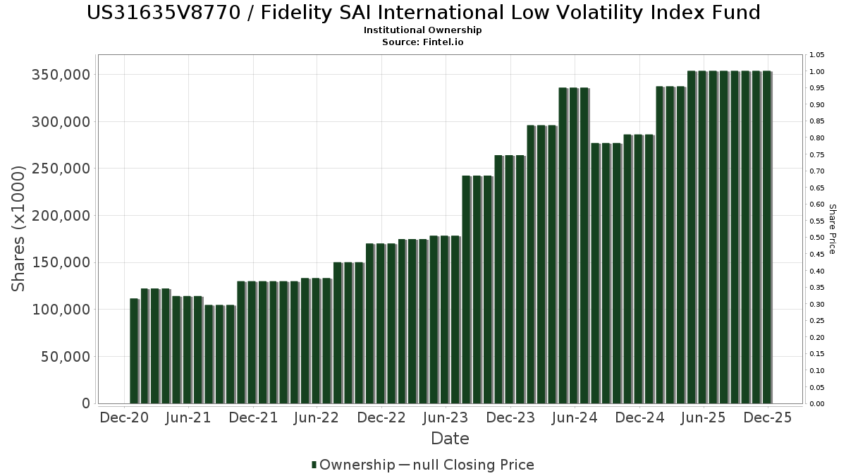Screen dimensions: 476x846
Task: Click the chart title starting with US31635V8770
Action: point(423,13)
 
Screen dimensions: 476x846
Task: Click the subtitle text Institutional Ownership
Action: point(423,30)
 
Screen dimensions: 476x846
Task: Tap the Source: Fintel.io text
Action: point(423,42)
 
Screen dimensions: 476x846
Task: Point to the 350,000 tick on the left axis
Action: point(61,75)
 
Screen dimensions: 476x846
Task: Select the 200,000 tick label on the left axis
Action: point(61,216)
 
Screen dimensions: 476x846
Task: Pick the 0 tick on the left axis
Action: point(86,404)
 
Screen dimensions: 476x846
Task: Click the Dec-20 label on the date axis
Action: point(124,418)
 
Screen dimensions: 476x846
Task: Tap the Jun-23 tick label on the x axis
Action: point(445,418)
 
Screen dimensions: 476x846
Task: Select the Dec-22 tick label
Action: point(381,418)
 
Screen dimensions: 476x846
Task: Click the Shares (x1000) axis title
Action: point(19,228)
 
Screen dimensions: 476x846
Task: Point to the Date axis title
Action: point(450,439)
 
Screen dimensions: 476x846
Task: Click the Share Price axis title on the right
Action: point(832,228)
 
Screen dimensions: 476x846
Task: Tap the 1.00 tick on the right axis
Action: point(817,72)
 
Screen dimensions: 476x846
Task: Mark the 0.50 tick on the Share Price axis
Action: point(817,238)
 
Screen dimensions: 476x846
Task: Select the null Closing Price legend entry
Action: point(467,465)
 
